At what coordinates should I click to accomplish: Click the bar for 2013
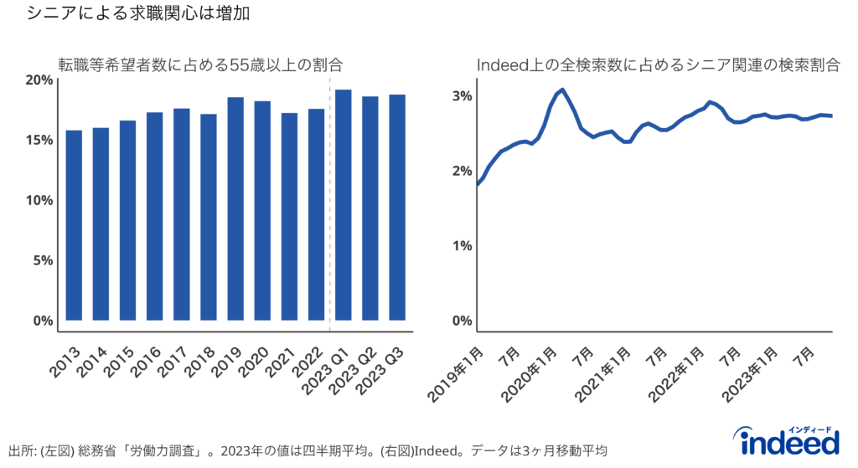tap(74, 225)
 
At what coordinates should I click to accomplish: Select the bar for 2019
tap(235, 208)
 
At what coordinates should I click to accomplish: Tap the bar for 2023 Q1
tap(343, 205)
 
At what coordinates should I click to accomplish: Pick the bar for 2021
tap(289, 217)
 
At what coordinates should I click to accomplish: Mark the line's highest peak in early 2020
tap(562, 90)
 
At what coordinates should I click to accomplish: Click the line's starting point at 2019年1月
tap(478, 183)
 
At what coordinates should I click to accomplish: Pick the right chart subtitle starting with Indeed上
tap(658, 64)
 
